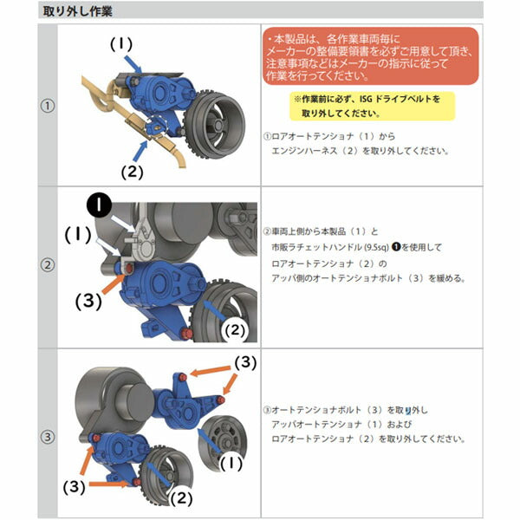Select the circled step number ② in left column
click(x=49, y=266)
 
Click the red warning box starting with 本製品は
click(x=370, y=57)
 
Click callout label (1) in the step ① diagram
click(x=123, y=43)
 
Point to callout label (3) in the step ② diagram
click(x=89, y=302)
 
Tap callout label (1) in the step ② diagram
click(x=80, y=234)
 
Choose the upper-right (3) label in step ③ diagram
click(x=247, y=360)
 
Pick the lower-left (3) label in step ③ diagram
click(x=75, y=487)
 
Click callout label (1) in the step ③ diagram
click(x=231, y=464)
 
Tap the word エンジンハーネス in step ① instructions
click(x=308, y=150)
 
